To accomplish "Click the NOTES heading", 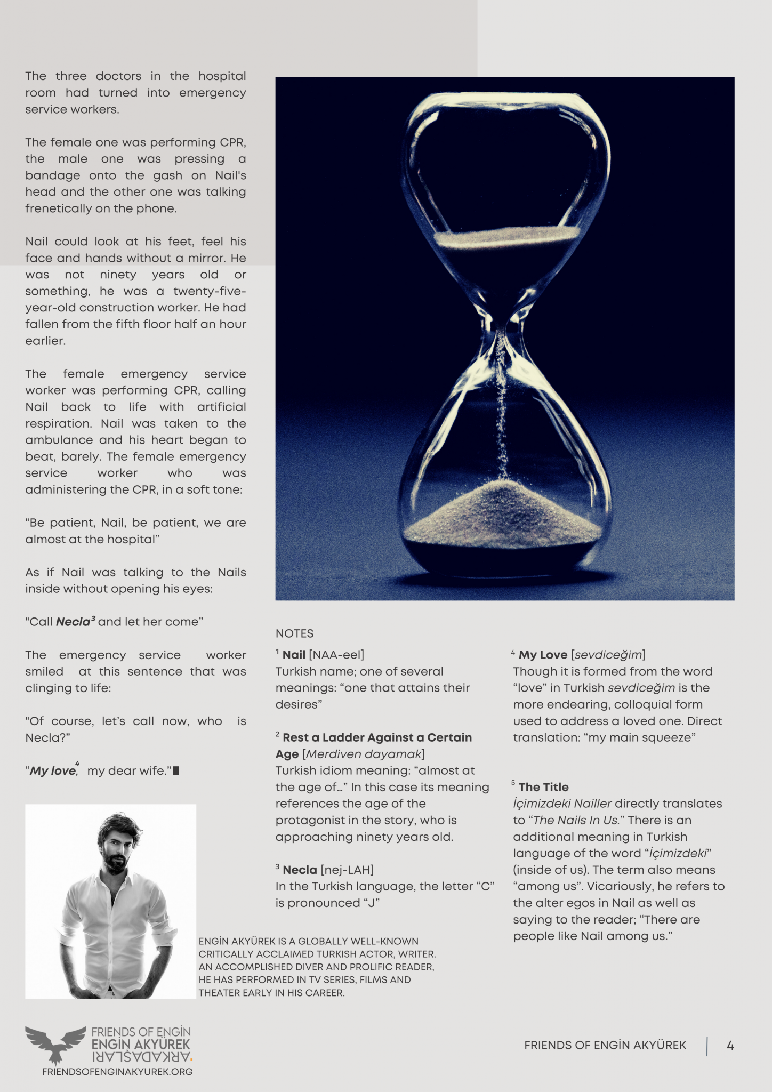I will (x=294, y=633).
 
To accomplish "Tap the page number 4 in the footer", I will (x=730, y=1046).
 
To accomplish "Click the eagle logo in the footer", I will (x=55, y=1044).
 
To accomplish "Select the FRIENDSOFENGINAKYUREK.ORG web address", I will (x=117, y=1072).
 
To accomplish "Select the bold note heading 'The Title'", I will (x=543, y=787).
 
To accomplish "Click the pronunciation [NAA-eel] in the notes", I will (x=336, y=655).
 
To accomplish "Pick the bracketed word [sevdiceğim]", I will (x=608, y=655).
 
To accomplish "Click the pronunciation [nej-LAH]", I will (x=347, y=870).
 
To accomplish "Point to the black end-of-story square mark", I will (x=176, y=771).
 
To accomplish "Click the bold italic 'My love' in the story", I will (x=52, y=771).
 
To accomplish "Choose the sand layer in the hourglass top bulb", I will (x=506, y=235).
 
